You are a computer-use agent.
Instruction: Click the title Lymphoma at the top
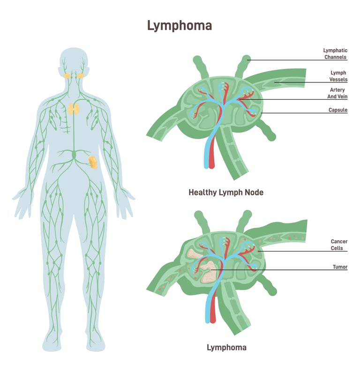(180, 25)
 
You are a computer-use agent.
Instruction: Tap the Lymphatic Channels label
(335, 54)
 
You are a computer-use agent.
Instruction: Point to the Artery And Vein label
(337, 93)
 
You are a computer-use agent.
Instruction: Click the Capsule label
(337, 110)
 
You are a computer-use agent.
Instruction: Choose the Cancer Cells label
(339, 245)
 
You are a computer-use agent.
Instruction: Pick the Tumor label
(340, 267)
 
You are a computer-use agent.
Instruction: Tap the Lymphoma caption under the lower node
(226, 347)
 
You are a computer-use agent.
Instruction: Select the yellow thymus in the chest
(74, 109)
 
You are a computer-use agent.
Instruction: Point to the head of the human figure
(74, 63)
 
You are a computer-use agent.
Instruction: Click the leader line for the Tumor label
(281, 270)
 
